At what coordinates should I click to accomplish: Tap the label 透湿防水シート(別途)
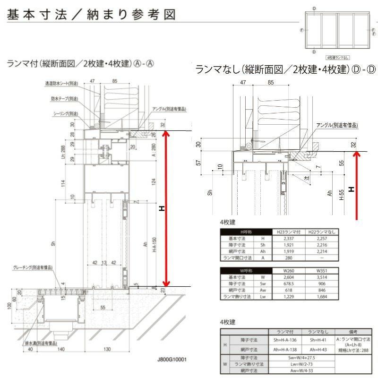(61, 83)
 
